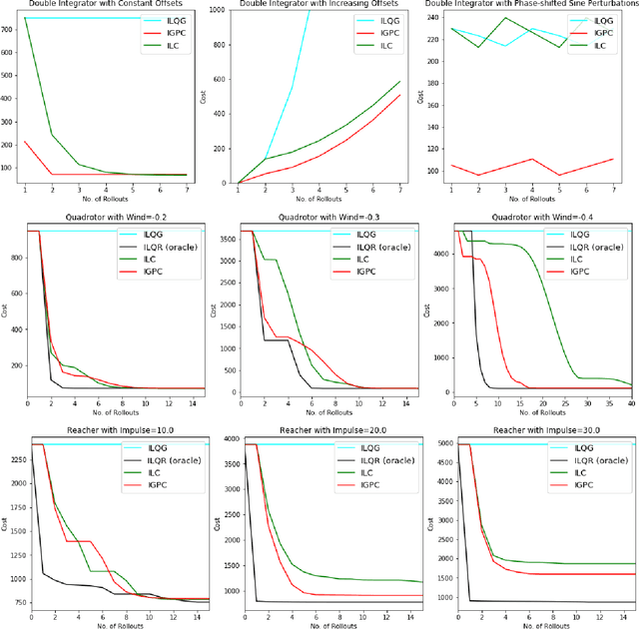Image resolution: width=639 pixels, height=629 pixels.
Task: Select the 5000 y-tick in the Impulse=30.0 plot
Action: [445, 442]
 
